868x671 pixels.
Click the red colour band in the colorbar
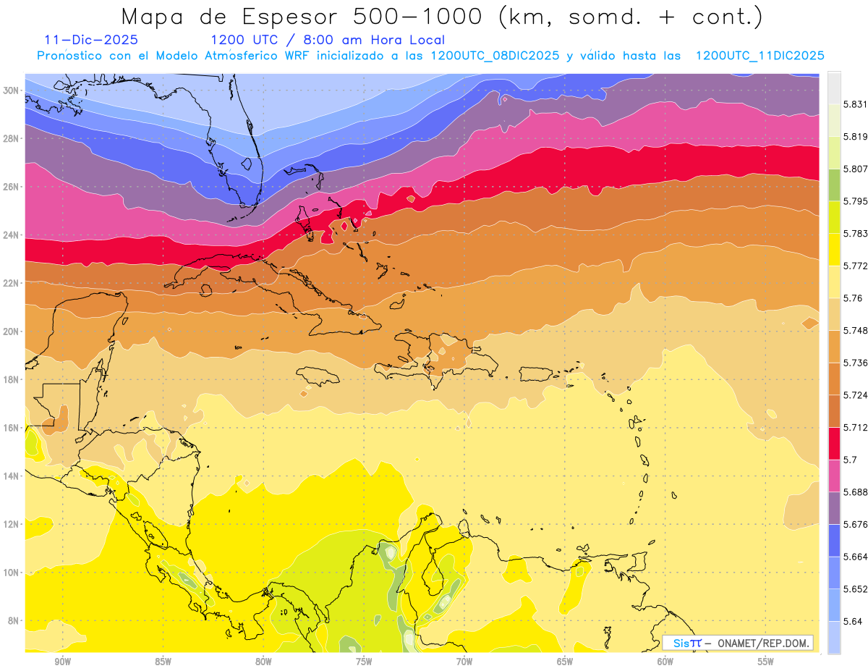(834, 443)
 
